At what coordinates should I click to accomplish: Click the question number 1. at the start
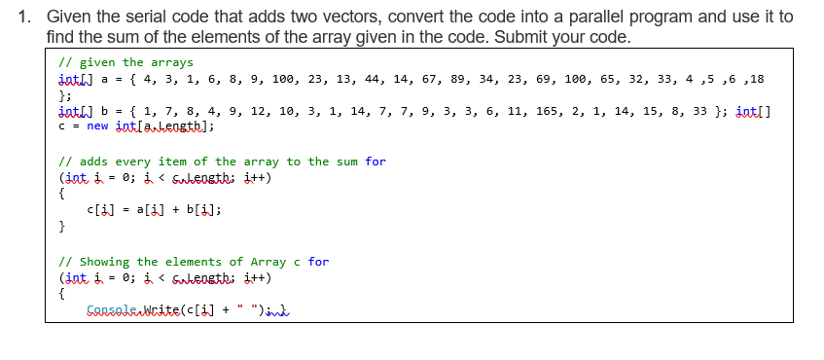26,18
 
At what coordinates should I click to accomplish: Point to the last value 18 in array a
755,79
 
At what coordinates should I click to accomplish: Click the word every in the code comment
129,161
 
